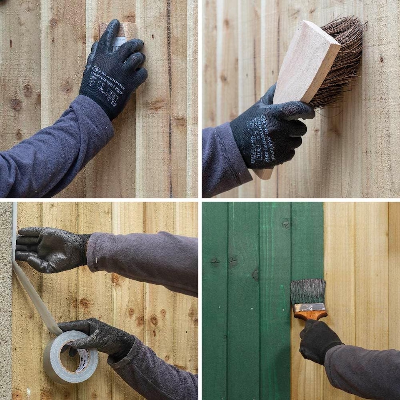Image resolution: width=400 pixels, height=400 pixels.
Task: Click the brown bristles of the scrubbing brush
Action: coord(340,62)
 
